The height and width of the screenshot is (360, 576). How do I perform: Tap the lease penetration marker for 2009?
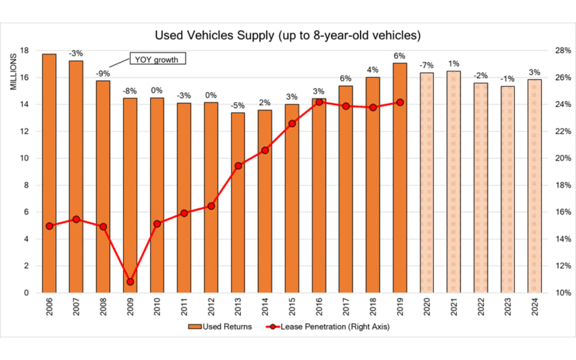pos(130,282)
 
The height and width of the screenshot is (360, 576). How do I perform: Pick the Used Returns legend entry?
pos(220,326)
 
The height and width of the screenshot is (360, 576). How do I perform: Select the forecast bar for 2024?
pos(535,186)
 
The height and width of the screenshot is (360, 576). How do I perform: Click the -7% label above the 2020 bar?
pos(426,66)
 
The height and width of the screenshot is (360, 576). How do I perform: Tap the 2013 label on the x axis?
pos(239,307)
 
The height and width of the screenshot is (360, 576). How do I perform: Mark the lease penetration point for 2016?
pos(319,102)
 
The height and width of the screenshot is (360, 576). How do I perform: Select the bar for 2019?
pos(399,178)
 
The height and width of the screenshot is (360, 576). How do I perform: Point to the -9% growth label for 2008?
pos(103,73)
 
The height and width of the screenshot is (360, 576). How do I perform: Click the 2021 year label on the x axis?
pos(454,307)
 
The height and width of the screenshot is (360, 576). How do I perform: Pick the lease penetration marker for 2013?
pos(238,166)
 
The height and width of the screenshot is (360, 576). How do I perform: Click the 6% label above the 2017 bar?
pos(346,78)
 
